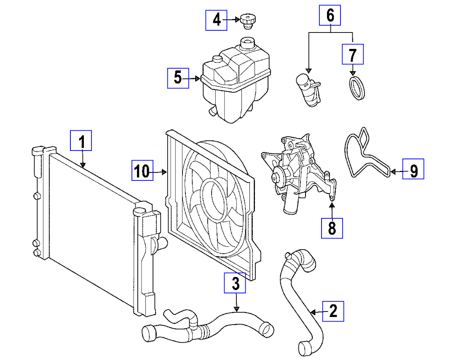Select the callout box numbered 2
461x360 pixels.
click(333, 311)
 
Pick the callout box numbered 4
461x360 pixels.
click(216, 19)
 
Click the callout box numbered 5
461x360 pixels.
click(178, 78)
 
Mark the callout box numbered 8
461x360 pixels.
click(332, 228)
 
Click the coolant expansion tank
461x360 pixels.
click(235, 84)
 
